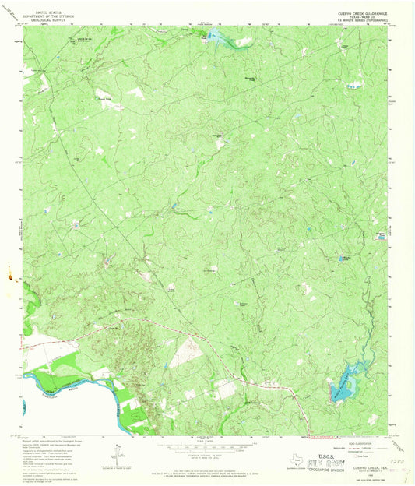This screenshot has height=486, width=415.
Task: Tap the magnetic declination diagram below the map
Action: (x=118, y=454)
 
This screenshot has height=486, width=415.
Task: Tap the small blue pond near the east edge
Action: (x=381, y=235)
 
